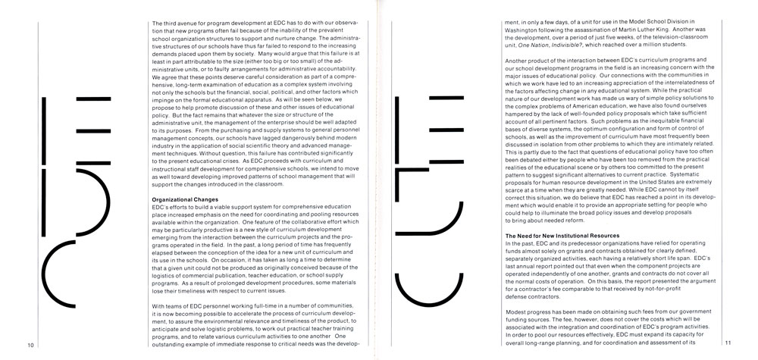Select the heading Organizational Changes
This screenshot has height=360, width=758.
click(185, 199)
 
